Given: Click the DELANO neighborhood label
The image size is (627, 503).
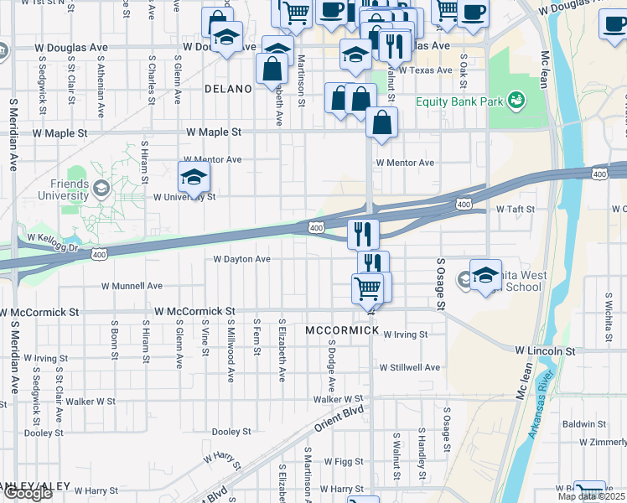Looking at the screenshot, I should pos(227,88).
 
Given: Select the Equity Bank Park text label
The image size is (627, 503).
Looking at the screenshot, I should pos(459,102).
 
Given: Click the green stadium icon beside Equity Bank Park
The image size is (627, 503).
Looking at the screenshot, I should pos(516,101).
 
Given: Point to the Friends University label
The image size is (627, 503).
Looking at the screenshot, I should pos(63,190).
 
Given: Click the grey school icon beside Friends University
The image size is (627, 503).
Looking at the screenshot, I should pos(101,186).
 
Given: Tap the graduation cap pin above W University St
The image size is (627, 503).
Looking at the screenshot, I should pos(194,178).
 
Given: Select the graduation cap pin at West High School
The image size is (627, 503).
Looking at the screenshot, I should pos(485,274).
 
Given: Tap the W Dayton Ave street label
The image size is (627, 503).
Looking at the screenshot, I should pos(241,260).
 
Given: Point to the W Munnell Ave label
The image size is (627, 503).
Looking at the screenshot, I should pos(132,286).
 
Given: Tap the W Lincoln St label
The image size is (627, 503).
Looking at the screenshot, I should pos(545,350).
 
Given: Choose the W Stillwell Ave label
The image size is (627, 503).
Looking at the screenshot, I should pos(409,367).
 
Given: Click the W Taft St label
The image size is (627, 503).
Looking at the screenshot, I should pos(515,209).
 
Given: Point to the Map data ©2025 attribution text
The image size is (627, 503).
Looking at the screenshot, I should pos(591,496).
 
